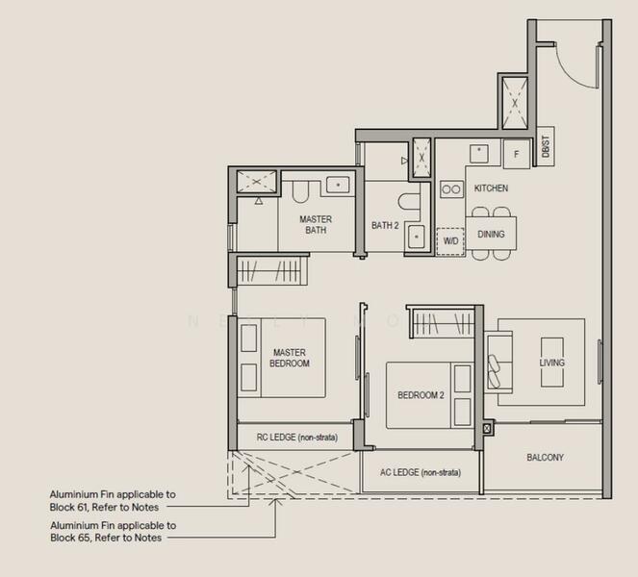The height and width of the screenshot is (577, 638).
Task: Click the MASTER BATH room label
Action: pos(315,225)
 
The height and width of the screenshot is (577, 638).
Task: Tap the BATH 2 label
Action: pos(385,226)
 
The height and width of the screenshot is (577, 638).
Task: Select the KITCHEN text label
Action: pos(491,188)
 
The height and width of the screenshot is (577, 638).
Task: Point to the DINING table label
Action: pos(491,234)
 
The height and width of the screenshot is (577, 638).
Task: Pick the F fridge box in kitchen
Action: pos(516,154)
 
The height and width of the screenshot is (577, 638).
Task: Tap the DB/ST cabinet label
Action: pos(545,148)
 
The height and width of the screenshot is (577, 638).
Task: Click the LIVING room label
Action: pos(551,363)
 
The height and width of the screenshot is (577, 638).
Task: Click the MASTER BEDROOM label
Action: pos(290,358)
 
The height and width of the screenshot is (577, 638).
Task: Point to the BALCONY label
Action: pos(546,458)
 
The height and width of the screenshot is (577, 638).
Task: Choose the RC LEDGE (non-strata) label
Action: pos(296,438)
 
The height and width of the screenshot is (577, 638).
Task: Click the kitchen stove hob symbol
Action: pos(451,189)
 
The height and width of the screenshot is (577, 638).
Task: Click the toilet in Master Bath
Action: pos(299,191)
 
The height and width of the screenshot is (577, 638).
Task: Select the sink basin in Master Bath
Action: pos(339,184)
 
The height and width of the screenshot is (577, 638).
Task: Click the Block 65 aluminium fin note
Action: pos(113,532)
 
